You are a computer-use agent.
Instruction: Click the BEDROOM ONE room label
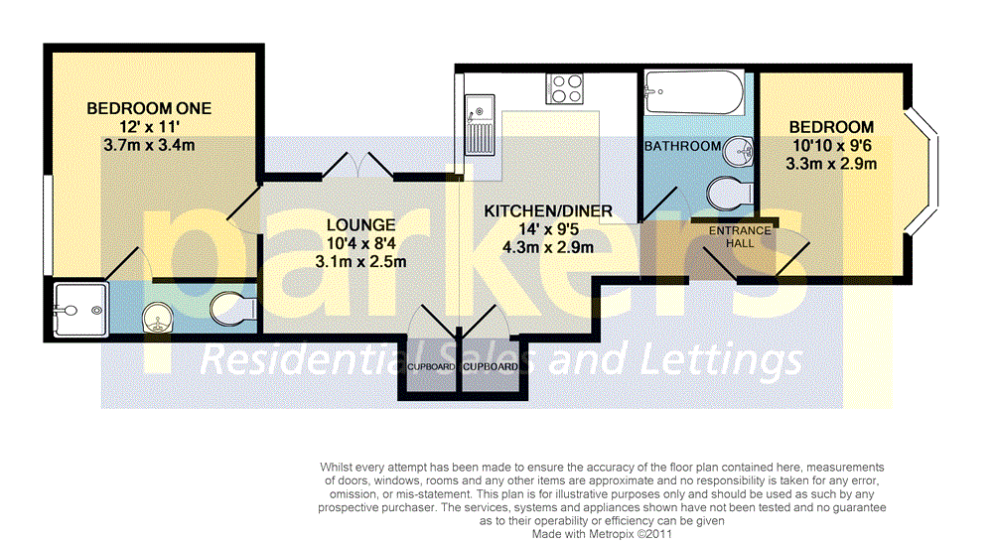[x=149, y=108]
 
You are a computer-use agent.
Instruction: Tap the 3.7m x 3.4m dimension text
[x=149, y=145]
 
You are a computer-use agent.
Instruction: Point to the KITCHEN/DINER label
[x=547, y=211]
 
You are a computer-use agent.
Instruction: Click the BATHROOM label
[x=682, y=147]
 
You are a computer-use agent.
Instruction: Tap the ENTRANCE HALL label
[x=740, y=237]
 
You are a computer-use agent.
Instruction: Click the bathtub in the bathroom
[x=692, y=95]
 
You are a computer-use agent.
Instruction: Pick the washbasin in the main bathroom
[x=736, y=154]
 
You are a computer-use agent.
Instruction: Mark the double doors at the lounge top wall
[x=357, y=167]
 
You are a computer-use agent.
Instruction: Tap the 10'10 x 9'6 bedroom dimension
[x=831, y=146]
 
